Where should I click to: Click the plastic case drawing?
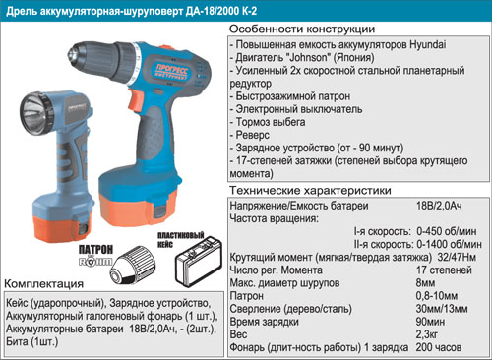click(198, 263)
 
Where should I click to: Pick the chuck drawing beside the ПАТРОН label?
click(133, 266)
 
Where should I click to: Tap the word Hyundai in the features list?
click(428, 44)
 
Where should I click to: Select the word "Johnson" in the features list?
click(307, 58)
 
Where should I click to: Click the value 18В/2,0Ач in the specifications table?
click(439, 206)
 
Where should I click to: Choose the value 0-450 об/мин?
click(446, 231)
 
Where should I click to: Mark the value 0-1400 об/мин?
click(449, 244)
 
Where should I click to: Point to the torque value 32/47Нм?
click(457, 257)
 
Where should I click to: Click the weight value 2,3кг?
click(427, 334)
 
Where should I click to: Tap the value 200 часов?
click(439, 347)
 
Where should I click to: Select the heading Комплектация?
click(44, 284)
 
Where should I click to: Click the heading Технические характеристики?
click(310, 191)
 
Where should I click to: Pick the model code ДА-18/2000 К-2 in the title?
click(221, 11)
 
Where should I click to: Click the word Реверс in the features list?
click(253, 135)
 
